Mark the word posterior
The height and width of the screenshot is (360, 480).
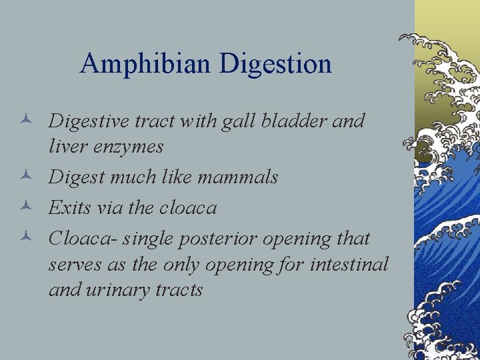(x=221, y=238)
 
